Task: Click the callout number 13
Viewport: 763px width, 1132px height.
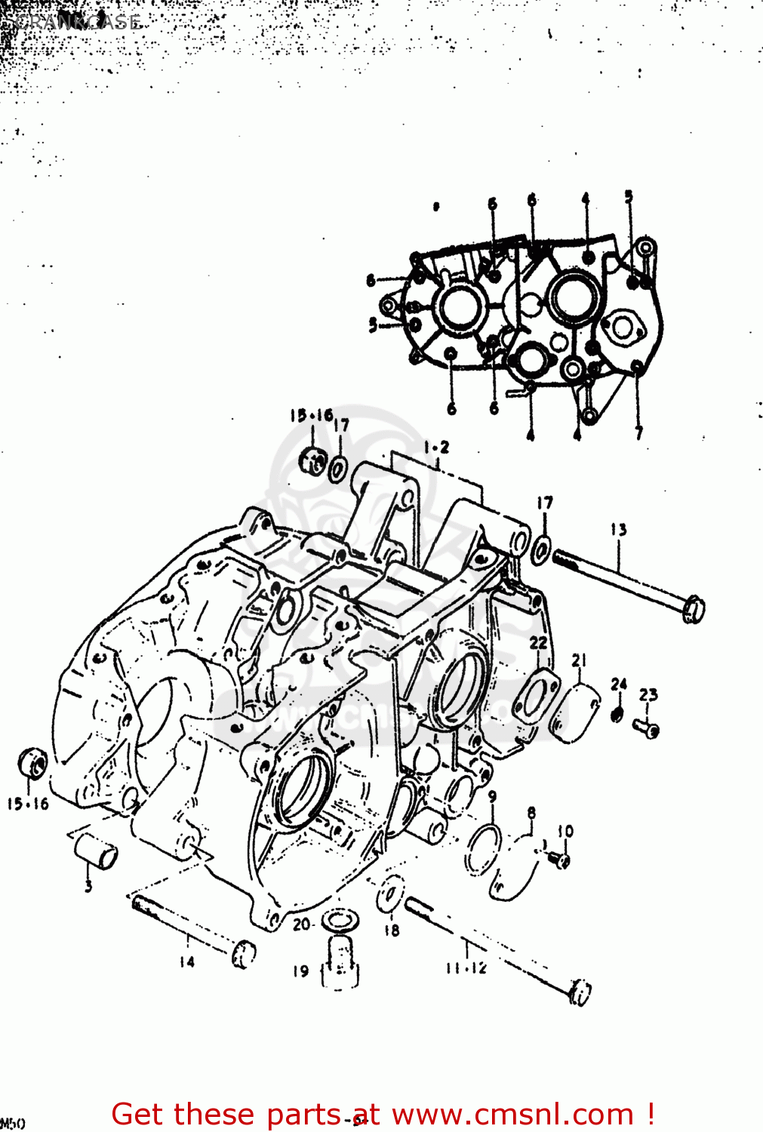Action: [618, 530]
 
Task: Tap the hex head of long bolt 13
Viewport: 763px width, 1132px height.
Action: [693, 608]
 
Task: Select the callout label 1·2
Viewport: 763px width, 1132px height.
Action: [435, 448]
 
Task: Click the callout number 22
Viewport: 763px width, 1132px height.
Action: [538, 642]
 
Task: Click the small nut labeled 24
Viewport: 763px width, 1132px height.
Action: [617, 714]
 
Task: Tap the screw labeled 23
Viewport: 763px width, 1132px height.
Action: [647, 727]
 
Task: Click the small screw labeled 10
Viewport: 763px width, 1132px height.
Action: [559, 859]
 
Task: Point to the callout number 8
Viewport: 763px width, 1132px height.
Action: [531, 813]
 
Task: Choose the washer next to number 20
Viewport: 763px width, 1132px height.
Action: [340, 921]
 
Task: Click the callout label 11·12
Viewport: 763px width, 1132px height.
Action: [466, 968]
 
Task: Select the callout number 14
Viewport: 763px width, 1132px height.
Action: [186, 961]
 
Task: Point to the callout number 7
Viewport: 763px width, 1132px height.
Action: [638, 433]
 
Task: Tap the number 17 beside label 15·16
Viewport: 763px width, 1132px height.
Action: [341, 425]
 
